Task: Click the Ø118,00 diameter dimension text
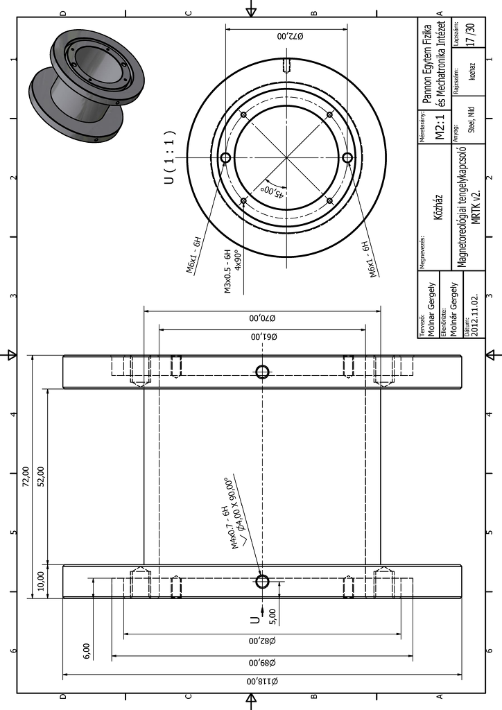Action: pyautogui.click(x=262, y=681)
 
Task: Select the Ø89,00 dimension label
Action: pyautogui.click(x=262, y=662)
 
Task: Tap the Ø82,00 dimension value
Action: pyautogui.click(x=262, y=641)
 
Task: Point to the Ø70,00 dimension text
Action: pyautogui.click(x=262, y=318)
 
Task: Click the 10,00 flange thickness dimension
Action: pyautogui.click(x=41, y=581)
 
